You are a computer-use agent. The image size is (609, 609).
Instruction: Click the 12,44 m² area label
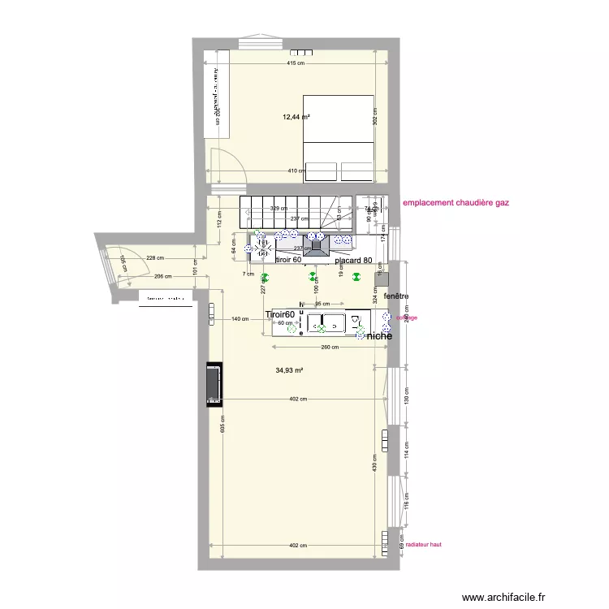(296, 117)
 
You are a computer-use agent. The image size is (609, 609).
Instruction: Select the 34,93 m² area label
(289, 370)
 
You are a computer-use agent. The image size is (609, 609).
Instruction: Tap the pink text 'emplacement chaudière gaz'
(461, 204)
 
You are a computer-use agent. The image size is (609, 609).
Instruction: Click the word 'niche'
(379, 335)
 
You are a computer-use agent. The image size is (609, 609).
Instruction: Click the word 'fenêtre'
(397, 297)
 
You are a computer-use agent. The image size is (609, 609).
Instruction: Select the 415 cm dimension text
(296, 63)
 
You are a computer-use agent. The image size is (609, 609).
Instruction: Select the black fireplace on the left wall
(214, 384)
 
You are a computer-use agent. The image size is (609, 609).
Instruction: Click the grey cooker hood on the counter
(316, 246)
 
